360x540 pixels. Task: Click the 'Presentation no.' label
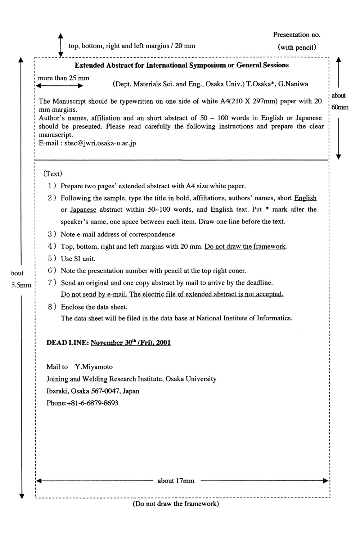click(297, 35)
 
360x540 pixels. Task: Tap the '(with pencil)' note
click(297, 47)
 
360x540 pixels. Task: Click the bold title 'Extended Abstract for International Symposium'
click(181, 65)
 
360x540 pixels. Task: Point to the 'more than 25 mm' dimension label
click(64, 78)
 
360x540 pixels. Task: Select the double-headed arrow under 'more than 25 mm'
click(60, 86)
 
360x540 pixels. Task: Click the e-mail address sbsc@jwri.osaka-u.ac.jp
click(100, 143)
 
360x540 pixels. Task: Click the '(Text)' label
click(53, 174)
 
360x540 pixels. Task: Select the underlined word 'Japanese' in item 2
click(83, 210)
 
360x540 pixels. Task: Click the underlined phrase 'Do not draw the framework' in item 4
click(245, 247)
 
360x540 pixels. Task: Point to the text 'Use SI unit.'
click(78, 259)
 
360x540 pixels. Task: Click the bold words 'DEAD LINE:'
click(68, 343)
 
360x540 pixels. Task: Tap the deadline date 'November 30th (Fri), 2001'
click(131, 343)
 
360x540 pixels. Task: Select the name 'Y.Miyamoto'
click(94, 367)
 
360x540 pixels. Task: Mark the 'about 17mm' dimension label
click(176, 481)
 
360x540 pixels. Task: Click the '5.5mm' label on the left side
click(21, 285)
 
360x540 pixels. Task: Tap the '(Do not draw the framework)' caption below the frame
click(176, 504)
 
